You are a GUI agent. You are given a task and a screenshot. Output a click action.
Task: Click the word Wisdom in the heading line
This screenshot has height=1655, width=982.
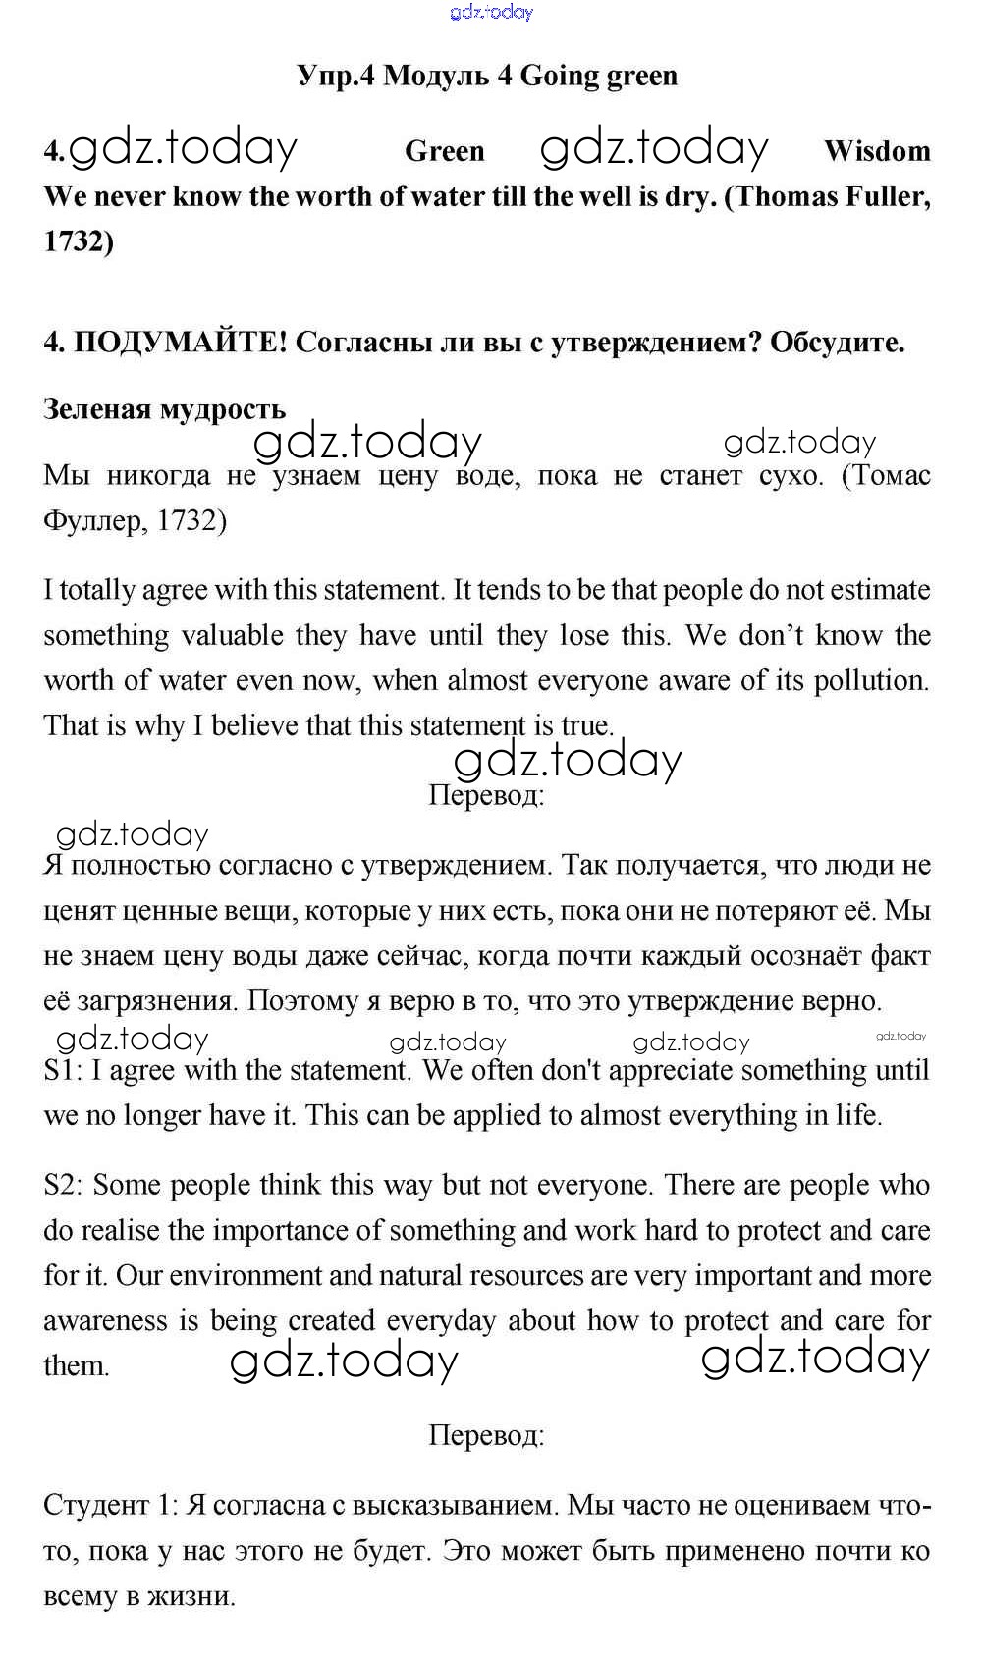click(x=877, y=151)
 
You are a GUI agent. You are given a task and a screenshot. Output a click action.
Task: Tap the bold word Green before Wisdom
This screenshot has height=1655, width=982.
click(x=444, y=151)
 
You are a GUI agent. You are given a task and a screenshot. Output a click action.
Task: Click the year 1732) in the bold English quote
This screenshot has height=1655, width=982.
click(x=79, y=241)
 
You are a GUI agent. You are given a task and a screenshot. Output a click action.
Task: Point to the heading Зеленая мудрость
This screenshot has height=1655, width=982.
click(x=164, y=408)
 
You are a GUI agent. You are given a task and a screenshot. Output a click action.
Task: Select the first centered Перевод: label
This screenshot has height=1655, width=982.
click(x=486, y=794)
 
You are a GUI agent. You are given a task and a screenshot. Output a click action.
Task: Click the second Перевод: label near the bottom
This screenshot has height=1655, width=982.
click(x=486, y=1436)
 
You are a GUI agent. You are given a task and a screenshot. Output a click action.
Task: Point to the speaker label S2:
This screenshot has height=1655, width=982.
click(x=65, y=1185)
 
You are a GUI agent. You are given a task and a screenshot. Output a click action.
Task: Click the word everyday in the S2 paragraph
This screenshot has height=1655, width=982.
click(x=441, y=1321)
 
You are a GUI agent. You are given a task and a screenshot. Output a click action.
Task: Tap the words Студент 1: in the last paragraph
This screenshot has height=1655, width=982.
click(x=109, y=1505)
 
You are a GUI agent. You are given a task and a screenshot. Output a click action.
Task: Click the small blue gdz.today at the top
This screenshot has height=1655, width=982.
click(x=491, y=13)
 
